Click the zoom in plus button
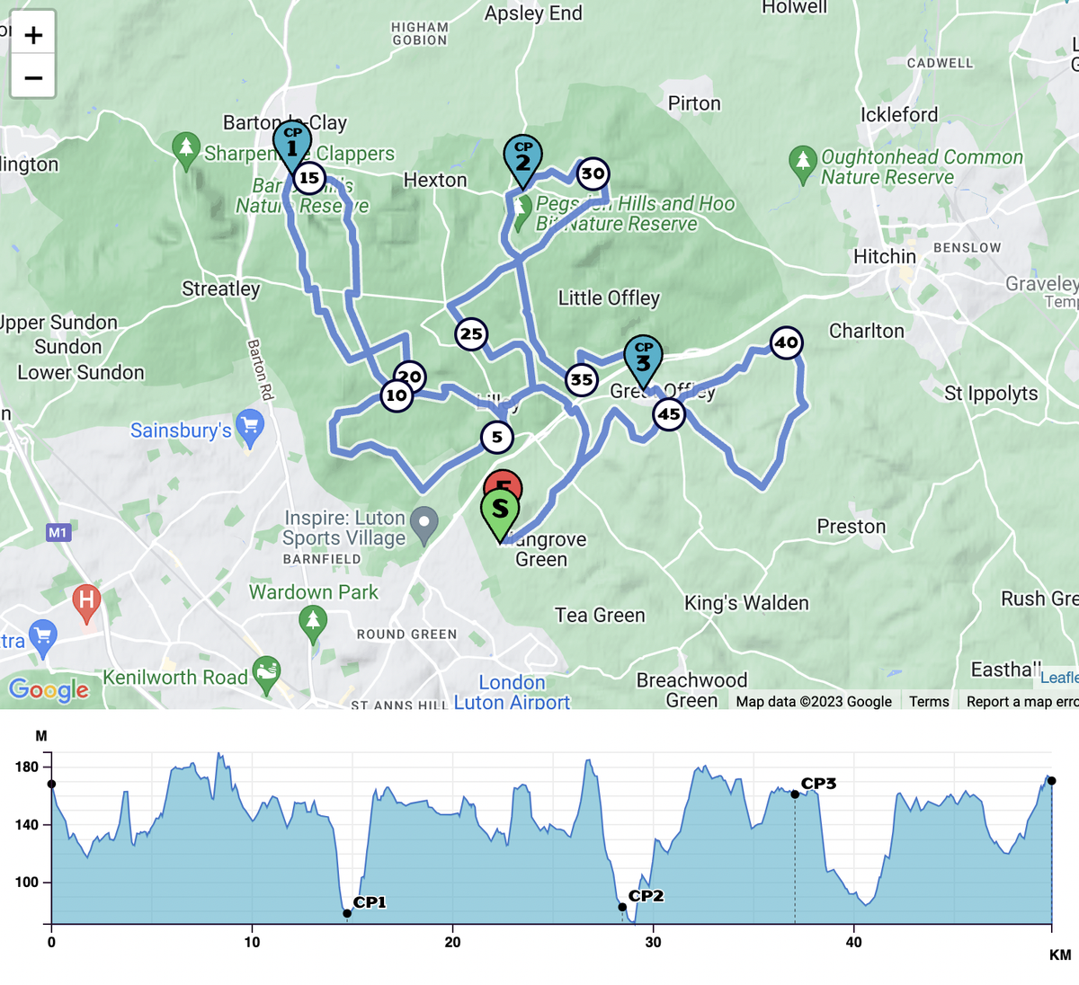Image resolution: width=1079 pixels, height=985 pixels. coord(33,35)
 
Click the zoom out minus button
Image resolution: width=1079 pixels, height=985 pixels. coord(33,77)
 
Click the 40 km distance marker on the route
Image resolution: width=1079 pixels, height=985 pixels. coord(786,342)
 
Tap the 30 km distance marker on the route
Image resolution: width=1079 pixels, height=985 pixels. coord(593,173)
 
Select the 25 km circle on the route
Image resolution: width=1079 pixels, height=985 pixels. coord(471,334)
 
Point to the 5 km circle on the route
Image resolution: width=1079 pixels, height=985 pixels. coord(496,438)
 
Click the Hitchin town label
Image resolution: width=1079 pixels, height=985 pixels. coord(884,256)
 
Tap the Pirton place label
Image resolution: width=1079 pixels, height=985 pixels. coord(694,103)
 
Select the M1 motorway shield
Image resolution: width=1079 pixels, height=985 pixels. coord(58,533)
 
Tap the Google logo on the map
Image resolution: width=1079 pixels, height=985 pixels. coord(49,689)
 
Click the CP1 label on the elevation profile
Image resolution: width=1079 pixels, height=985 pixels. coord(370,902)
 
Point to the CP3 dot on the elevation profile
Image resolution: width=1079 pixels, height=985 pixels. coord(795,794)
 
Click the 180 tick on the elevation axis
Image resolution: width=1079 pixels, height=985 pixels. coord(27,767)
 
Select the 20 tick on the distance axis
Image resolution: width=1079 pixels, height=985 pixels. coord(452,942)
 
